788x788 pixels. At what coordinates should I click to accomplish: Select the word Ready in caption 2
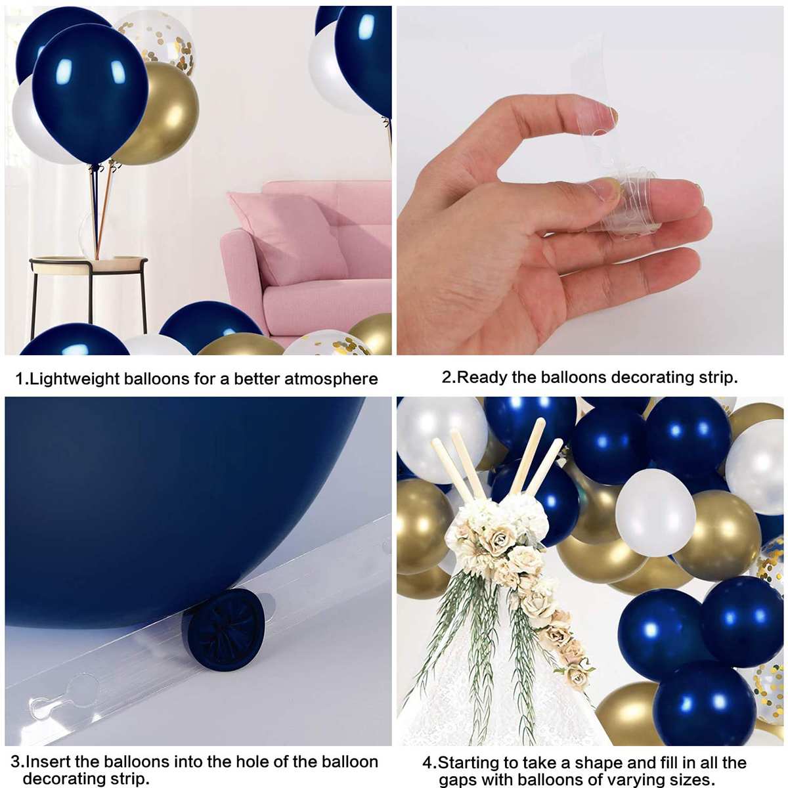(x=483, y=378)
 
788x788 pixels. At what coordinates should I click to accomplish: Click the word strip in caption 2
(x=716, y=378)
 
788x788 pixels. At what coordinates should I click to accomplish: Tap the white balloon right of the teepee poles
(x=655, y=512)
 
